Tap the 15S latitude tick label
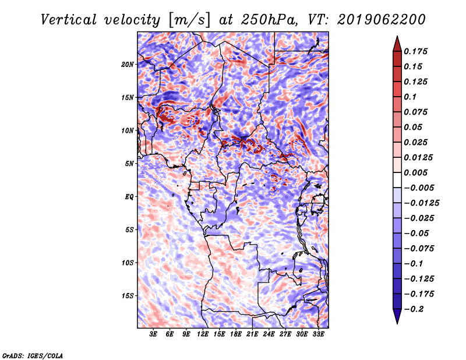128,296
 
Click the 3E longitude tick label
154,334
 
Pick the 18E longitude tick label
236,334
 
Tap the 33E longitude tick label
318,334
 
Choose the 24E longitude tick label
269,334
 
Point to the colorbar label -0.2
414,309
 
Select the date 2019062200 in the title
380,19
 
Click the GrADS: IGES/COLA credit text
32,355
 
